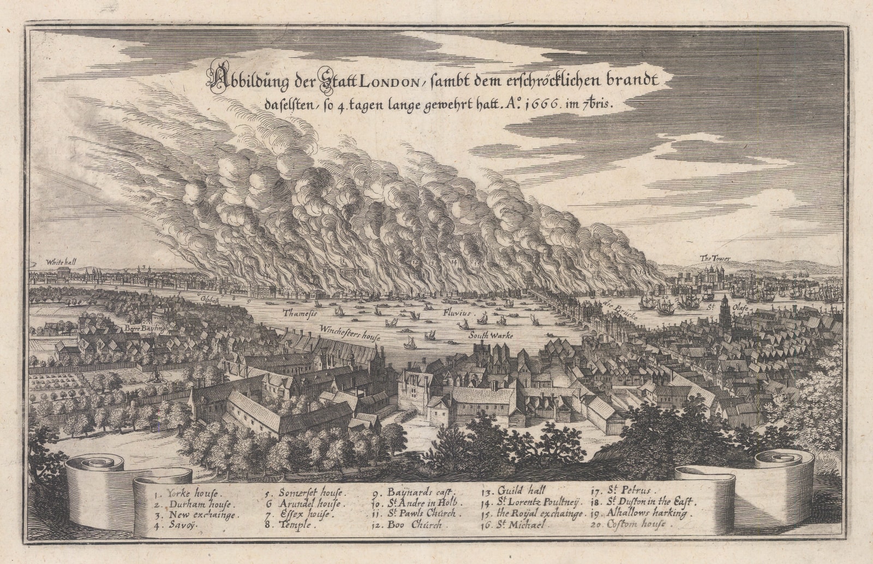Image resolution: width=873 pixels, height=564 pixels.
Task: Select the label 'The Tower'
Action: [x=715, y=258]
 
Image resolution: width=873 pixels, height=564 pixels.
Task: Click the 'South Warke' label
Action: [x=491, y=336]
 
